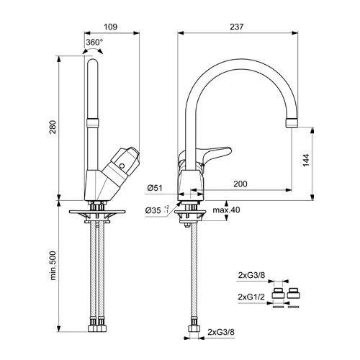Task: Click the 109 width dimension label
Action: [x=110, y=27]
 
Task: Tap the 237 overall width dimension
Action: [x=237, y=27]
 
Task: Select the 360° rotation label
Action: [x=94, y=42]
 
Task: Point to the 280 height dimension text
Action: [x=53, y=127]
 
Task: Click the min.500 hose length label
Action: [x=53, y=266]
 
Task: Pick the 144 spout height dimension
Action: [x=306, y=161]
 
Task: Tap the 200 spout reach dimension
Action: [x=240, y=184]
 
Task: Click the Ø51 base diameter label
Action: [x=155, y=188]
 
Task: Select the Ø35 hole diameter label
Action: [x=157, y=210]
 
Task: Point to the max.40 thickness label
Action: [x=226, y=210]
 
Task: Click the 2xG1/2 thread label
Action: [x=251, y=297]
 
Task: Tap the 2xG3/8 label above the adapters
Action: [x=251, y=275]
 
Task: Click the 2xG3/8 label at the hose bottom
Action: [x=221, y=332]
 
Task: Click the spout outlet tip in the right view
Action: [x=292, y=122]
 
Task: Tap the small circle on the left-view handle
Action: [x=122, y=166]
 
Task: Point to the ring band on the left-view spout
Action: [x=92, y=123]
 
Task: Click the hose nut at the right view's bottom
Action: [x=193, y=328]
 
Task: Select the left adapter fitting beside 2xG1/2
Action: [x=279, y=293]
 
